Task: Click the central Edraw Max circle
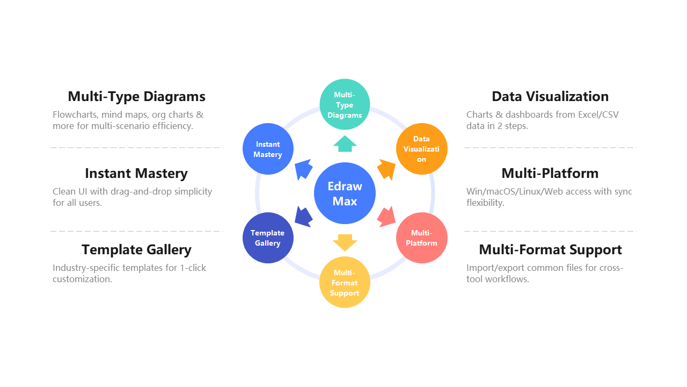(345, 193)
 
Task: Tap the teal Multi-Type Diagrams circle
(345, 104)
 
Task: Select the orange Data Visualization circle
(421, 149)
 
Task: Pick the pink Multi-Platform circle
(421, 238)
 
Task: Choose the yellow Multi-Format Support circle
(345, 282)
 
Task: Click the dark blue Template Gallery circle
(268, 238)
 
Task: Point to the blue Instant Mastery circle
(268, 149)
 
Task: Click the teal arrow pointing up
(345, 144)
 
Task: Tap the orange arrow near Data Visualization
(387, 169)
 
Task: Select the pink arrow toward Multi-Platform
(387, 217)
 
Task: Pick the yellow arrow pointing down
(345, 242)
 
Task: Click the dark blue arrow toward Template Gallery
(303, 217)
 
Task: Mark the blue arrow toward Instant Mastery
(303, 169)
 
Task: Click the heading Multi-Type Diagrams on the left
(136, 97)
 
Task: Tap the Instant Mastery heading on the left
(136, 174)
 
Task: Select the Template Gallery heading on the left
(136, 250)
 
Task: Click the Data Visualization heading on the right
(550, 97)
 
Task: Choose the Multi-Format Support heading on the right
(550, 250)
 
